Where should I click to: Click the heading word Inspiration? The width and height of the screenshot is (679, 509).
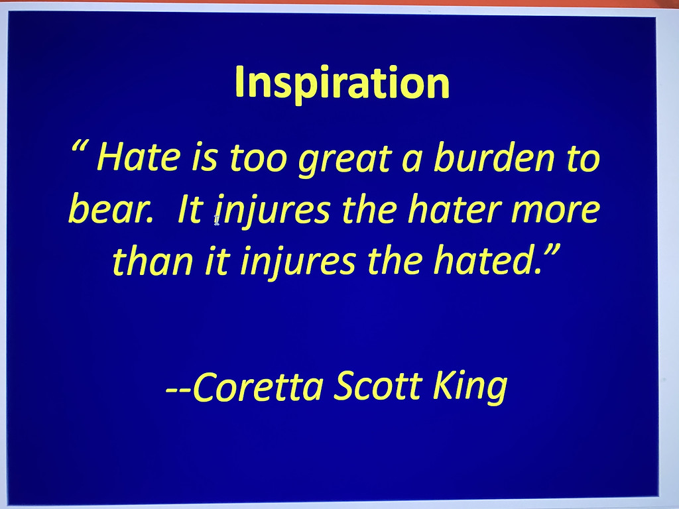(342, 84)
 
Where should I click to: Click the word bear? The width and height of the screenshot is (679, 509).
(111, 209)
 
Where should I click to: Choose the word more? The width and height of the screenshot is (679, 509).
(556, 211)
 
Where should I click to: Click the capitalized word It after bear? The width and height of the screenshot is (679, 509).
(190, 209)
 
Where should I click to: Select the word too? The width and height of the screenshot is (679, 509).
(259, 158)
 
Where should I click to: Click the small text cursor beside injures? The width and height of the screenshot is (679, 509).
(217, 220)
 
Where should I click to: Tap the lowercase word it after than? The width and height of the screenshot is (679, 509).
(217, 261)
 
